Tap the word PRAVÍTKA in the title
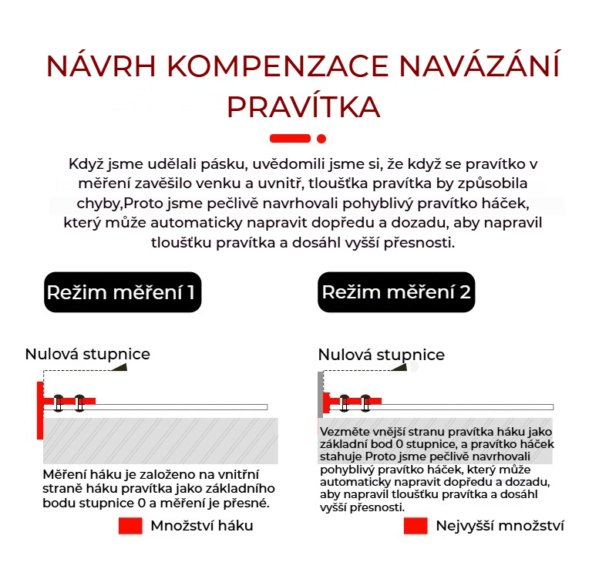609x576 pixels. [x=303, y=106]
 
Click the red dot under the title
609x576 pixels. [x=321, y=139]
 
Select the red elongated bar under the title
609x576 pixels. [x=290, y=139]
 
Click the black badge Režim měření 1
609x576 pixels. [x=123, y=293]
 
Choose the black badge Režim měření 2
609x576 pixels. [x=396, y=293]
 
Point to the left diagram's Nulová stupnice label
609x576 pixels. [x=87, y=354]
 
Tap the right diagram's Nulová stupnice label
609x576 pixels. [x=381, y=355]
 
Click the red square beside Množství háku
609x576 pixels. [x=130, y=526]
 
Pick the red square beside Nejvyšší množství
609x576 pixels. [x=416, y=526]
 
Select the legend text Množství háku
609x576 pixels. [x=201, y=526]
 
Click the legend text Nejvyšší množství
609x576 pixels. [x=500, y=526]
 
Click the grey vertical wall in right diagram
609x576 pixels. [x=320, y=394]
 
